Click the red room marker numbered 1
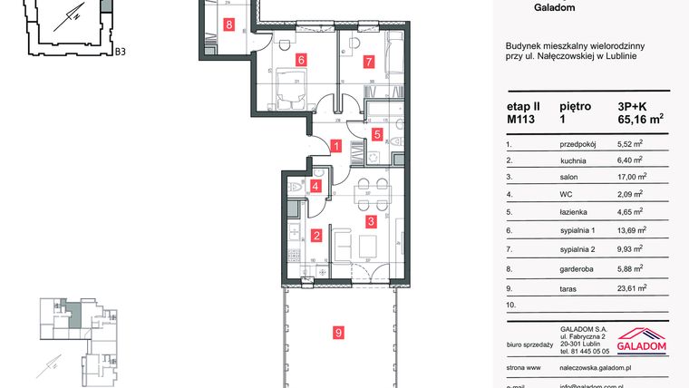coord(336,146)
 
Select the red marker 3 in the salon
coord(370,220)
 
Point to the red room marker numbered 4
coord(315,187)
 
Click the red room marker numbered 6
coord(300,61)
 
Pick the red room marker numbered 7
coord(368,63)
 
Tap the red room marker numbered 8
coord(229,25)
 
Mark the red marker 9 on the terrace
coord(337,334)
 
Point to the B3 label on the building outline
coord(120,52)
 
